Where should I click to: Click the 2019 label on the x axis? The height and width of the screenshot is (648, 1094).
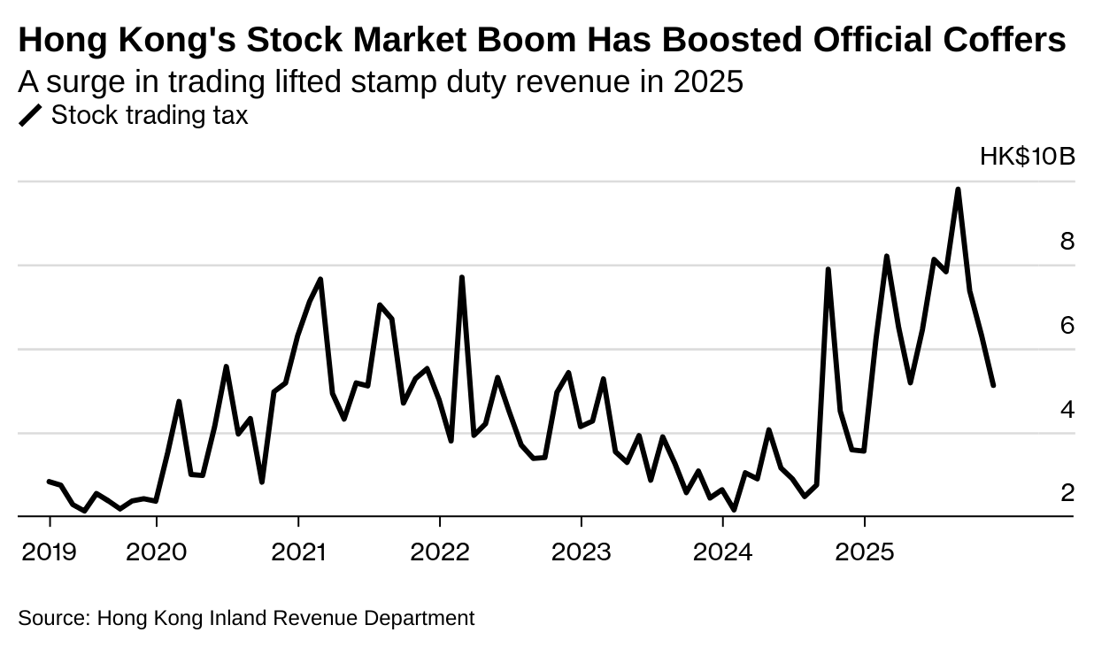pyautogui.click(x=49, y=552)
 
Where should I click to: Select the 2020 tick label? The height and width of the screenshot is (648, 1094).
pyautogui.click(x=157, y=552)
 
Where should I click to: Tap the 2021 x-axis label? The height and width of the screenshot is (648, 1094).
pyautogui.click(x=298, y=552)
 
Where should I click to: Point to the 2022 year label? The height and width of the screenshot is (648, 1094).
pyautogui.click(x=440, y=552)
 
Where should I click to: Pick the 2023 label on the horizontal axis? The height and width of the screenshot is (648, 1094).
pyautogui.click(x=582, y=552)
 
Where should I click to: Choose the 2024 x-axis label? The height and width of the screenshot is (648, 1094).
pyautogui.click(x=723, y=552)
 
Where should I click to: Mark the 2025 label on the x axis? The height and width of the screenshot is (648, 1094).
pyautogui.click(x=865, y=552)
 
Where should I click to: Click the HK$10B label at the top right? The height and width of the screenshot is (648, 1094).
pyautogui.click(x=1027, y=158)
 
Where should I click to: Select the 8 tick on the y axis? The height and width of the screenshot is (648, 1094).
pyautogui.click(x=1067, y=242)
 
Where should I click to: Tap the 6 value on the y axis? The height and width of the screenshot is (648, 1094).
pyautogui.click(x=1067, y=326)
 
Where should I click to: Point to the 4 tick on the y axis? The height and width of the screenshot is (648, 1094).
pyautogui.click(x=1067, y=410)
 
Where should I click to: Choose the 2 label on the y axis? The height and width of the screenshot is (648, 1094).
pyautogui.click(x=1067, y=493)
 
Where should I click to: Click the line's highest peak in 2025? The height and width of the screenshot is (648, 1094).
pyautogui.click(x=958, y=189)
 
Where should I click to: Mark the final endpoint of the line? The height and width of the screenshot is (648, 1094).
pyautogui.click(x=993, y=385)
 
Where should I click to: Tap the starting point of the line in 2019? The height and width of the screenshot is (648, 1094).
pyautogui.click(x=49, y=481)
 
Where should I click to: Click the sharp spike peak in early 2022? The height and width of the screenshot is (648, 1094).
pyautogui.click(x=462, y=278)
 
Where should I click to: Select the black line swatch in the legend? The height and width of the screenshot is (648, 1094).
pyautogui.click(x=31, y=116)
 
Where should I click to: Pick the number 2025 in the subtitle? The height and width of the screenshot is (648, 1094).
pyautogui.click(x=707, y=81)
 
